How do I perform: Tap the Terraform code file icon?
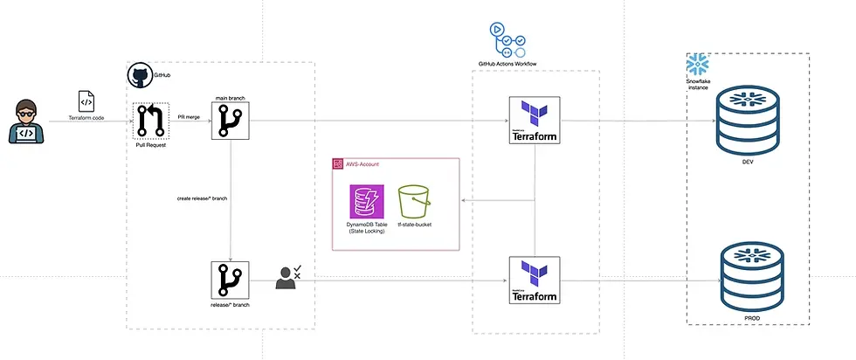87,100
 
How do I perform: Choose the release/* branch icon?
231,280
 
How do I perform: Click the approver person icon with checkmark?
287,278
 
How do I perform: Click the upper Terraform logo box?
534,120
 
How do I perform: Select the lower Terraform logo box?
534,281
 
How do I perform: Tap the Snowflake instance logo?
697,65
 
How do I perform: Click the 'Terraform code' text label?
87,116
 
